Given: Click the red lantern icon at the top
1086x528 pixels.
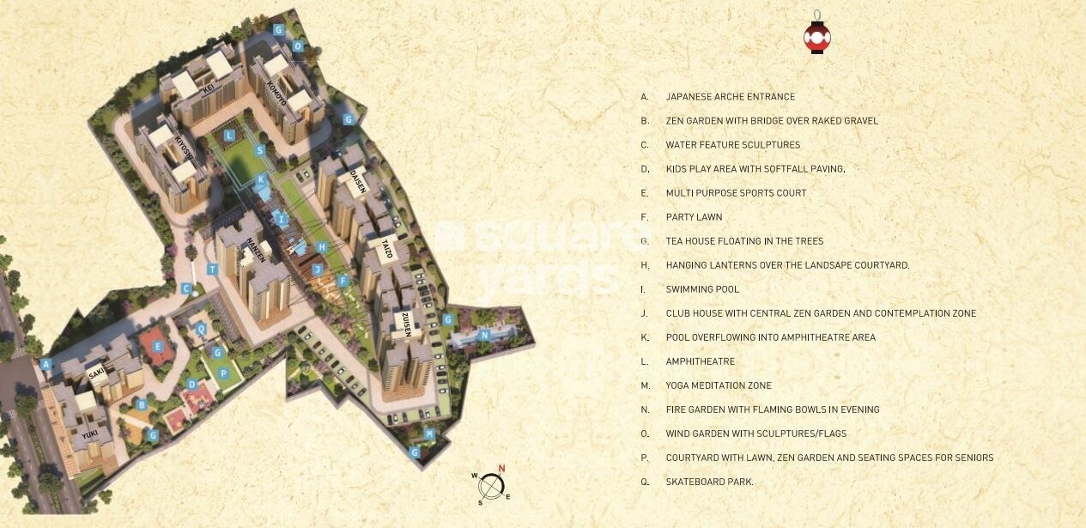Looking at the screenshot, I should [816, 36].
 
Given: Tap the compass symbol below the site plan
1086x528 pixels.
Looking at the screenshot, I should [490, 487].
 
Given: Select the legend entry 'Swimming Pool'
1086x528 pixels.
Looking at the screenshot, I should [702, 289].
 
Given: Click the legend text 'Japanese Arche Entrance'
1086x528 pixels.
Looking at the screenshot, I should [730, 97].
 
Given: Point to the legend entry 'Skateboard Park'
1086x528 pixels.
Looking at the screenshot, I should [709, 482].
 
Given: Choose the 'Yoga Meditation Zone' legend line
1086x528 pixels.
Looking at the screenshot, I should [719, 385].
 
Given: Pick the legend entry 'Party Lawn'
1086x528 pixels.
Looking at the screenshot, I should [694, 217].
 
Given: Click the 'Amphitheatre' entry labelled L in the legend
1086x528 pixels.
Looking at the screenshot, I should [700, 361].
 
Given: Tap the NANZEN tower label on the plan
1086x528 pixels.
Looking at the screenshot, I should [254, 249].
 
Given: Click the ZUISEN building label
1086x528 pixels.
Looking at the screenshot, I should [407, 324].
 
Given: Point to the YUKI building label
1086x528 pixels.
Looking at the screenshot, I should [91, 435].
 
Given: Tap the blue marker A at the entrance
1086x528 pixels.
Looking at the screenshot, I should [46, 364].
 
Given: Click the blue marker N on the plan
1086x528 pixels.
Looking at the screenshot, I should [484, 335].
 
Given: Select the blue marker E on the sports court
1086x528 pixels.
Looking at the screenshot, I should [159, 346].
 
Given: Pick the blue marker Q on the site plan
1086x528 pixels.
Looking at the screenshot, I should [202, 328].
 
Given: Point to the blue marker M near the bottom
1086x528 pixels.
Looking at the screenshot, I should [430, 434].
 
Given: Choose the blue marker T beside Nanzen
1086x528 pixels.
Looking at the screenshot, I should [212, 269].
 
